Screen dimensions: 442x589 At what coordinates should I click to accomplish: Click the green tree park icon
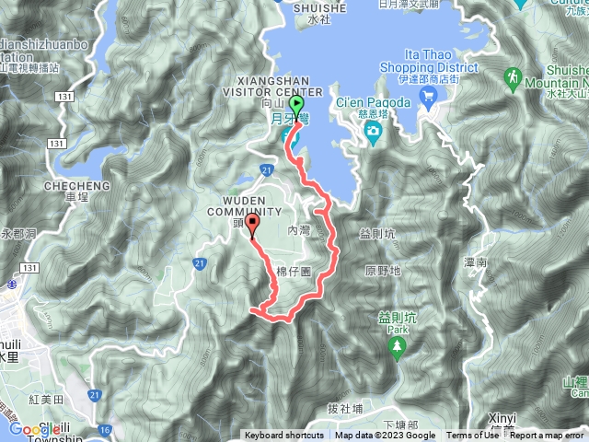tap(398, 346)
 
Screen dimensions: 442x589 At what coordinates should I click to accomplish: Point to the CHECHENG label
tap(77, 186)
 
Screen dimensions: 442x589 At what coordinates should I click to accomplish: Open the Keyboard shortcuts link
tap(283, 436)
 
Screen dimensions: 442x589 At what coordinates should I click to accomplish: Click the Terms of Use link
tap(473, 436)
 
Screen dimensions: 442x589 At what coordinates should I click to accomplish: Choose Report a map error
tap(547, 436)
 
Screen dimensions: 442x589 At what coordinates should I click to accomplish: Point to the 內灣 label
tap(300, 231)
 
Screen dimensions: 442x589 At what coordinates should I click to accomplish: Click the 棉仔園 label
tap(295, 272)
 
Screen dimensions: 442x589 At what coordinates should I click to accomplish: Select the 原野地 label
tap(382, 271)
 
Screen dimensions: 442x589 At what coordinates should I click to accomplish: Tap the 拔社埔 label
tap(345, 408)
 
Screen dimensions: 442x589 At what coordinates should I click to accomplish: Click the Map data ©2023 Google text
tap(386, 436)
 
